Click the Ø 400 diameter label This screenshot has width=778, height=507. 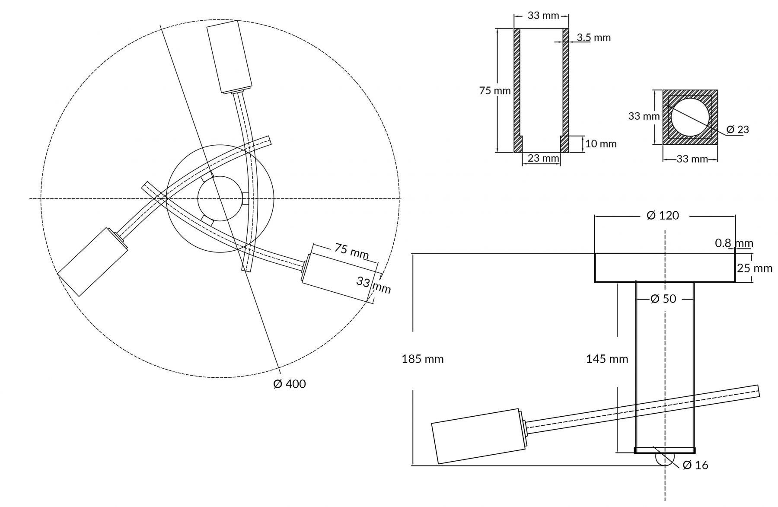click(289, 384)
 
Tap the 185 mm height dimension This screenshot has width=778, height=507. click(422, 359)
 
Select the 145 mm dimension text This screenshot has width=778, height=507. click(607, 359)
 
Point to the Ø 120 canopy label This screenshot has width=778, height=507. click(663, 215)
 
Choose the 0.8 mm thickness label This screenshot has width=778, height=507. click(733, 243)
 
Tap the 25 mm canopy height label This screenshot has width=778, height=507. click(754, 268)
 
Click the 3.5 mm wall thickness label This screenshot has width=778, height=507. click(594, 38)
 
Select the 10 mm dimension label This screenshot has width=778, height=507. click(601, 144)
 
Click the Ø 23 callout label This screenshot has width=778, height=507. click(737, 129)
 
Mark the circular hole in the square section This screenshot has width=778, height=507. click(690, 117)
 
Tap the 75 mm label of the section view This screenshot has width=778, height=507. click(494, 91)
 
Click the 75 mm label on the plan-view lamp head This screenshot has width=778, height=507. click(351, 251)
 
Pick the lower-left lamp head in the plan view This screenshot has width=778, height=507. click(92, 261)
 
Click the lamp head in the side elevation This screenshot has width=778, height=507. click(478, 436)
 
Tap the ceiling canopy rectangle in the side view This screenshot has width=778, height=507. click(664, 268)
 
